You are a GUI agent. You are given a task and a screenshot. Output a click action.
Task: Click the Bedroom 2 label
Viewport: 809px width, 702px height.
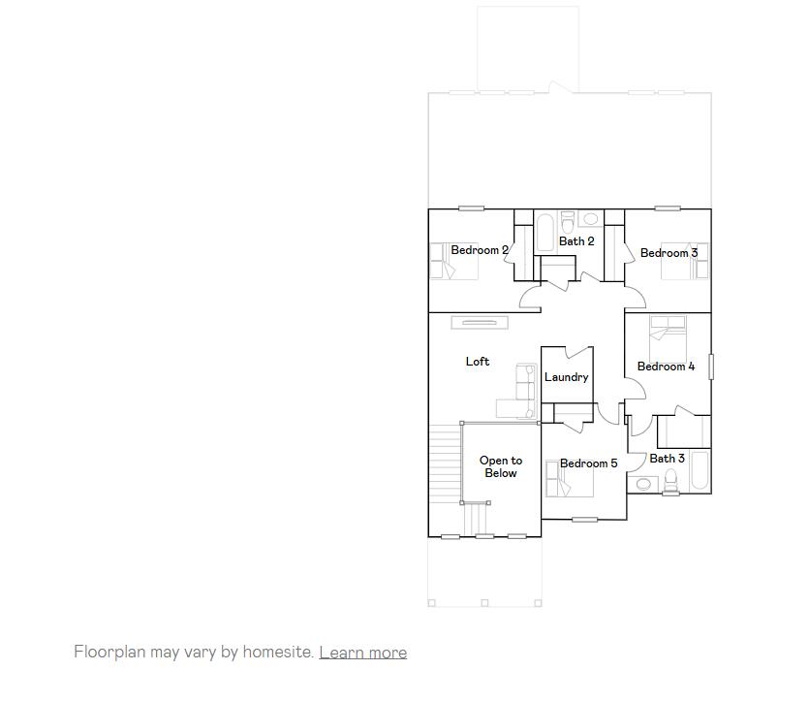[480, 250]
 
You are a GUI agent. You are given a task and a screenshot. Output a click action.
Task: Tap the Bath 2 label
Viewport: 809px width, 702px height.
[576, 241]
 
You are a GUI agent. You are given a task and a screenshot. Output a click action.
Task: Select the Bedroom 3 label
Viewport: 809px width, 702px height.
[669, 253]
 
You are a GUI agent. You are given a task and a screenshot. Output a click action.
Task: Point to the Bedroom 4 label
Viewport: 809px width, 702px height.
[666, 367]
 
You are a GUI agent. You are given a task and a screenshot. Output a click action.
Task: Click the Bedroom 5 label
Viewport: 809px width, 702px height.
[588, 463]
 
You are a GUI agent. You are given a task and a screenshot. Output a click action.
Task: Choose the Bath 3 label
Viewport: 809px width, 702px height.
[667, 459]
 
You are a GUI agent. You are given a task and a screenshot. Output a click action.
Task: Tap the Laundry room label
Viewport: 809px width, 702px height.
[566, 377]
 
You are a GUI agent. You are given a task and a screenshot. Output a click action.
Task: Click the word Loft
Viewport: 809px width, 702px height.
[478, 362]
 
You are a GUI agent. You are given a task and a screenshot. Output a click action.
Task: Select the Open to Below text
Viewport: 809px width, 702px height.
[501, 467]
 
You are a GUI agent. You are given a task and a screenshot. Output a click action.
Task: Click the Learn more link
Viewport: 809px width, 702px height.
[362, 653]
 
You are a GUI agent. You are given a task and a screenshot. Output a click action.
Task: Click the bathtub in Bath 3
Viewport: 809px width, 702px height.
[700, 473]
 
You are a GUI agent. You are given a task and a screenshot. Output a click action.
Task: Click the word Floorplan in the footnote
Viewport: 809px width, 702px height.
[109, 653]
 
